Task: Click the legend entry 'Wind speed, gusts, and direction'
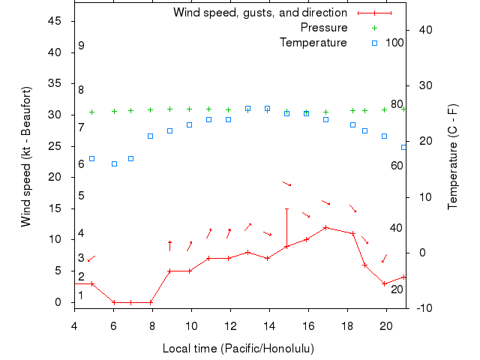point(260,13)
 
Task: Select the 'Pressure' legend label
point(324,28)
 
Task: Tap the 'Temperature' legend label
point(313,43)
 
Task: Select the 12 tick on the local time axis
point(230,325)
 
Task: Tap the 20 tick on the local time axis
point(386,325)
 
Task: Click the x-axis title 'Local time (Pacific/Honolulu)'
point(238,349)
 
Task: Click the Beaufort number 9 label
point(81,46)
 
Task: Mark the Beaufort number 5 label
point(81,196)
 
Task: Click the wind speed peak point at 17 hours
point(325,227)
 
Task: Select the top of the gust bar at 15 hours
point(286,208)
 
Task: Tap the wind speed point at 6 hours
point(114,302)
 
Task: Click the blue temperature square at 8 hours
point(151,136)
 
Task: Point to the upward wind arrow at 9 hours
point(170,245)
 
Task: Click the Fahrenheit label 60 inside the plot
point(396,165)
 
